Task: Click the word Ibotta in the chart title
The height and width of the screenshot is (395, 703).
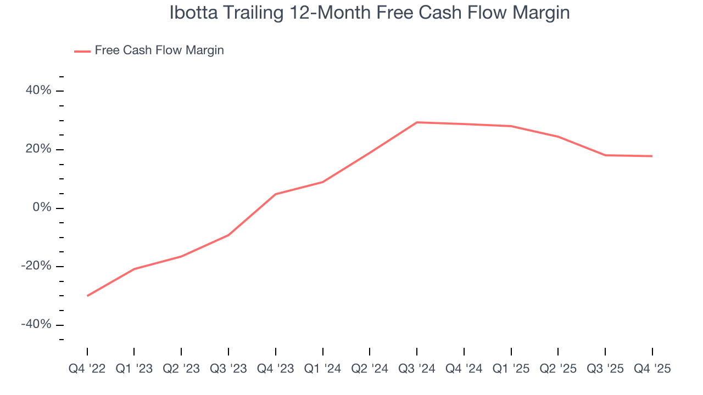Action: click(191, 13)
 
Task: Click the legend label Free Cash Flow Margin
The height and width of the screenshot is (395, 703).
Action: click(159, 50)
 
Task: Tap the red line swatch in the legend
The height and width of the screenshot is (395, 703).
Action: click(82, 51)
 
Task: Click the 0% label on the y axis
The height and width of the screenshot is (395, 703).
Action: click(42, 208)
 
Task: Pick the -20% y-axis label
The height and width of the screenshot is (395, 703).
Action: click(36, 266)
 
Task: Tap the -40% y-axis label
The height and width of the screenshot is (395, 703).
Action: click(36, 324)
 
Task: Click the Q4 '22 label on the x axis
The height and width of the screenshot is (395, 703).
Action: click(87, 369)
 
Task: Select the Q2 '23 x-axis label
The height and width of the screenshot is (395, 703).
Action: click(181, 369)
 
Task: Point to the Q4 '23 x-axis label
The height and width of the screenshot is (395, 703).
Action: click(275, 369)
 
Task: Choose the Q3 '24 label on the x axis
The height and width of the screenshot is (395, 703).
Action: click(417, 369)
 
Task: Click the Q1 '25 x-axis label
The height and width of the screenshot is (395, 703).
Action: click(511, 369)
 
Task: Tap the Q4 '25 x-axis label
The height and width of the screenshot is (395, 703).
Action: click(652, 369)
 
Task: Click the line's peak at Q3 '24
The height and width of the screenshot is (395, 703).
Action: click(417, 122)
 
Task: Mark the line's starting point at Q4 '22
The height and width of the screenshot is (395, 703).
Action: click(87, 296)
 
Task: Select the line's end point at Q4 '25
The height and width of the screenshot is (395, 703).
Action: click(652, 156)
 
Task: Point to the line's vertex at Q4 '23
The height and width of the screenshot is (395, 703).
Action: click(276, 194)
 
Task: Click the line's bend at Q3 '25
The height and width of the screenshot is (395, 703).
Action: click(605, 155)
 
